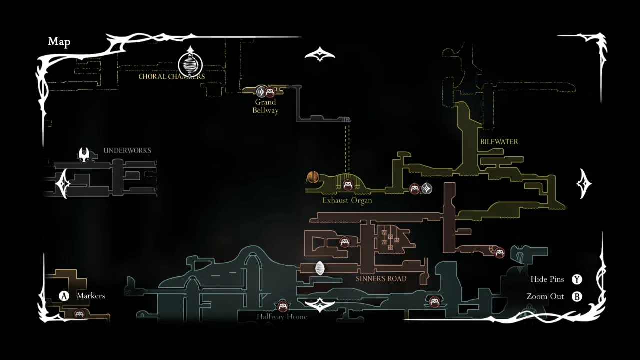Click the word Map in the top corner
click(x=59, y=42)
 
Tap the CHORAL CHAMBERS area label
click(x=171, y=77)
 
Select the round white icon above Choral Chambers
click(x=190, y=64)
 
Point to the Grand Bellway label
click(x=265, y=106)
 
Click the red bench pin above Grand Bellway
click(x=270, y=92)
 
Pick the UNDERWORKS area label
click(x=127, y=150)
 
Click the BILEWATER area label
click(x=499, y=142)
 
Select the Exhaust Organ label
click(x=347, y=201)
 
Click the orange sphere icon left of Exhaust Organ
click(x=313, y=177)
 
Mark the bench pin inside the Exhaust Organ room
click(x=348, y=185)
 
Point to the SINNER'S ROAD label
click(x=381, y=279)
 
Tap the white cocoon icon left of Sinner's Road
click(x=320, y=268)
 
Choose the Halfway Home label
click(x=282, y=317)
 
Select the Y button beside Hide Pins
click(x=577, y=280)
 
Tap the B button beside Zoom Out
click(x=577, y=297)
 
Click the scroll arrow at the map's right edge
click(x=584, y=183)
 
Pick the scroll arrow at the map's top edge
click(x=320, y=54)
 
